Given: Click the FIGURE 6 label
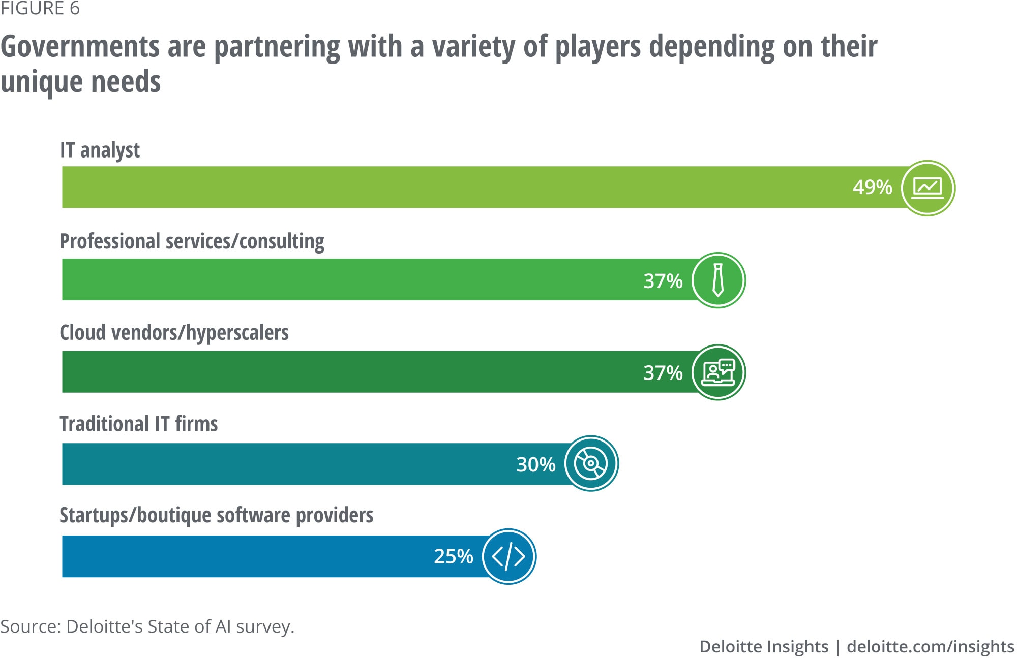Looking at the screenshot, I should pyautogui.click(x=40, y=9).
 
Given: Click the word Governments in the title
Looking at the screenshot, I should pyautogui.click(x=80, y=47).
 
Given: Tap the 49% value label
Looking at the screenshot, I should pyautogui.click(x=872, y=187).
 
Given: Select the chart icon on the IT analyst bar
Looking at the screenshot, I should pyautogui.click(x=928, y=188).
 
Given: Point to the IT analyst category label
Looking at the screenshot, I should pyautogui.click(x=100, y=150).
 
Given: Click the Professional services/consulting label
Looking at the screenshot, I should pyautogui.click(x=192, y=241).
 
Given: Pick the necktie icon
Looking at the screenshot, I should pyautogui.click(x=718, y=280).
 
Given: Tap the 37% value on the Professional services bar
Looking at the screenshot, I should pyautogui.click(x=663, y=281).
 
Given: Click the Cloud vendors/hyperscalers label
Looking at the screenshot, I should pyautogui.click(x=174, y=333).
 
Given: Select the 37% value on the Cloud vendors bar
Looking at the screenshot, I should pyautogui.click(x=663, y=373).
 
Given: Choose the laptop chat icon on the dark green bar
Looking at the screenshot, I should pyautogui.click(x=718, y=372).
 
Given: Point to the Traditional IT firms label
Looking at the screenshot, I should pyautogui.click(x=138, y=424).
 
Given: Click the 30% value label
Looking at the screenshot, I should pyautogui.click(x=535, y=464).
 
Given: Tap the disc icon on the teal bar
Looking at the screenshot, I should pyautogui.click(x=591, y=463).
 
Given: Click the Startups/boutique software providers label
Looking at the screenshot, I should pyautogui.click(x=216, y=515).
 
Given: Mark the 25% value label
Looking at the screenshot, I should pyautogui.click(x=453, y=556).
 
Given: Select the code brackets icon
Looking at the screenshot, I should pyautogui.click(x=508, y=556).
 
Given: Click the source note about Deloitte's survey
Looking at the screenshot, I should pyautogui.click(x=147, y=626).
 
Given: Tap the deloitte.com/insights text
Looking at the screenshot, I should pyautogui.click(x=930, y=647).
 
